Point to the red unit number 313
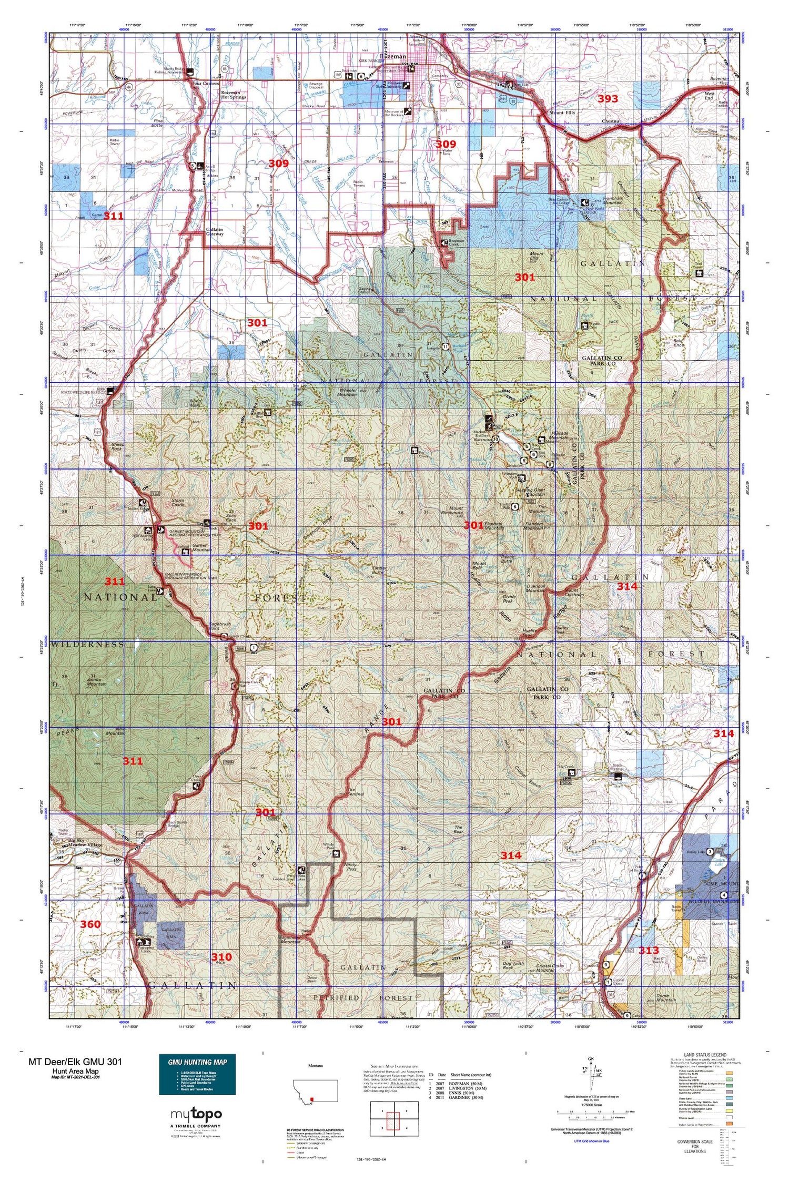point(649,950)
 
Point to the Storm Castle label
point(178,502)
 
